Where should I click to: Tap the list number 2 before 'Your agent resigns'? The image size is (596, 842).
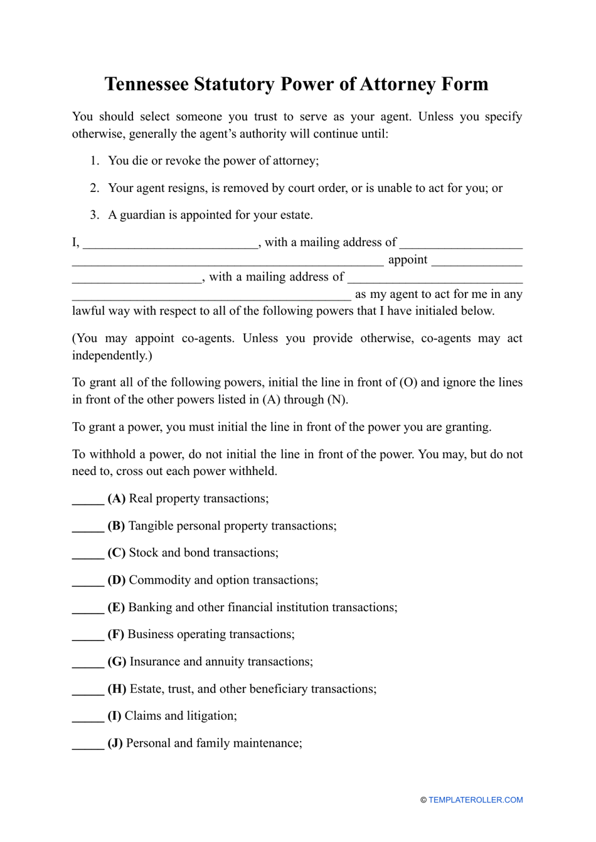pyautogui.click(x=95, y=188)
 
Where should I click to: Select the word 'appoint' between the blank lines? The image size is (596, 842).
pyautogui.click(x=408, y=260)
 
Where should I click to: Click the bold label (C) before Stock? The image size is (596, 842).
pyautogui.click(x=117, y=553)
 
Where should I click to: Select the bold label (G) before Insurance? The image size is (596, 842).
pyautogui.click(x=117, y=662)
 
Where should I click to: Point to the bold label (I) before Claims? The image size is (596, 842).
pyautogui.click(x=115, y=716)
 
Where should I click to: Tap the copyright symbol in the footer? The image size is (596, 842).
pyautogui.click(x=423, y=800)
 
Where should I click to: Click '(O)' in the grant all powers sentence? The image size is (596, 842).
pyautogui.click(x=408, y=383)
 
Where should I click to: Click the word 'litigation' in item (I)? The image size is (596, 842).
pyautogui.click(x=208, y=716)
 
